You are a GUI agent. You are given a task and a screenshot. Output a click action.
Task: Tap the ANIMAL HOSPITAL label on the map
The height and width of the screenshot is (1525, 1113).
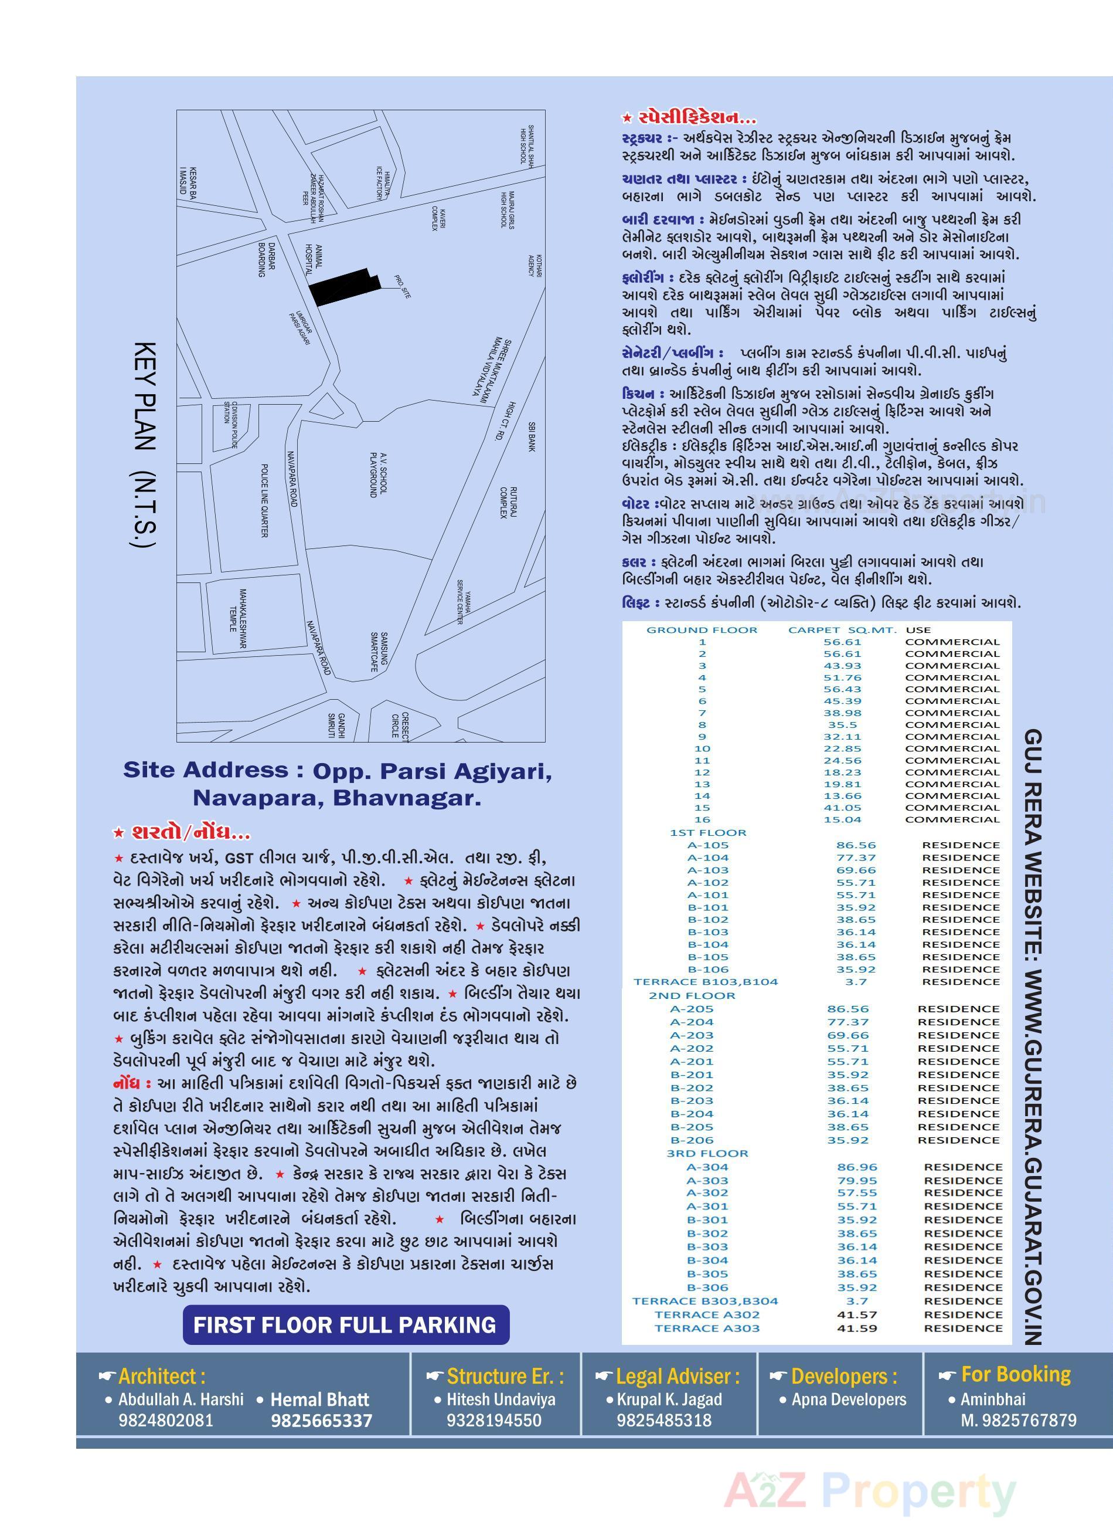coord(314,260)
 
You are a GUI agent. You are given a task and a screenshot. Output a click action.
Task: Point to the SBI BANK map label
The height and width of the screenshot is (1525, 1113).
coord(532,437)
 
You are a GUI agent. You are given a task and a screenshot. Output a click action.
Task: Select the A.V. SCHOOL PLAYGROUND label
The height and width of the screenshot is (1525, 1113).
coord(378,475)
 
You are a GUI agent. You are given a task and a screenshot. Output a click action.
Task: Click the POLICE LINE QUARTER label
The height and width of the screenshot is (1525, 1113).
coord(264,500)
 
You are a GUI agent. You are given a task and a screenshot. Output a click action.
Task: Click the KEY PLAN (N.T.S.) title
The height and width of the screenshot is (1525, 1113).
coord(145,445)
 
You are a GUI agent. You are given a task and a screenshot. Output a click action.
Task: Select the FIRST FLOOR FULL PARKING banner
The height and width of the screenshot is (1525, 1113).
coord(345,1326)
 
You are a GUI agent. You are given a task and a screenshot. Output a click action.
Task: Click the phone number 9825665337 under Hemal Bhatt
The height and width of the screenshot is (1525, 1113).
coord(321,1421)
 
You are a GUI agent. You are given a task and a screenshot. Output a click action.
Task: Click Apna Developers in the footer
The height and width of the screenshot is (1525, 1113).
coord(848,1399)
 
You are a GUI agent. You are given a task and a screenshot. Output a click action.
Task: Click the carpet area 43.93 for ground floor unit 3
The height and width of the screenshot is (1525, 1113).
coord(842,665)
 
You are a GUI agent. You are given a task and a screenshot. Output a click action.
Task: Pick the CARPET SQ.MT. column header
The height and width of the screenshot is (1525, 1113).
coord(842,630)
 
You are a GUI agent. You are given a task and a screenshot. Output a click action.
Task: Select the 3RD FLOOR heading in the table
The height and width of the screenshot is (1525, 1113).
coord(707,1154)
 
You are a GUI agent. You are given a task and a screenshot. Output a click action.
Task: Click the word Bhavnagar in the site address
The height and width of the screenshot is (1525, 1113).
coord(407,798)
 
